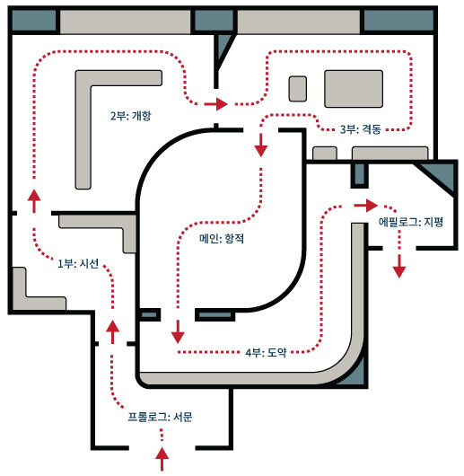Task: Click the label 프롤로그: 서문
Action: [160, 417]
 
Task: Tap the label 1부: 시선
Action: [78, 263]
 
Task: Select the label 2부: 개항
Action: [130, 116]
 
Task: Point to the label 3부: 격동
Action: [360, 129]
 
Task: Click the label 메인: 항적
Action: [222, 239]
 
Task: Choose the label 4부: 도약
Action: [266, 352]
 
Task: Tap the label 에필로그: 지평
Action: [411, 222]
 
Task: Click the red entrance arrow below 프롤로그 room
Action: [162, 458]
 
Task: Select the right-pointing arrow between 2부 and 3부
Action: [216, 104]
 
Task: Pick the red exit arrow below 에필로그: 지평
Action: [399, 266]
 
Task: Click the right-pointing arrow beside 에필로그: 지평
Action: [366, 206]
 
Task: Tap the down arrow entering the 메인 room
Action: [261, 145]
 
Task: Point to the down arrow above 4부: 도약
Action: [178, 331]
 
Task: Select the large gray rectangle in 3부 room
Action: [354, 89]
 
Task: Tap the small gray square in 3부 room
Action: [297, 89]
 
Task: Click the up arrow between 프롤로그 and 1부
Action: [112, 331]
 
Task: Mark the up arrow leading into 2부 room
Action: [34, 200]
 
